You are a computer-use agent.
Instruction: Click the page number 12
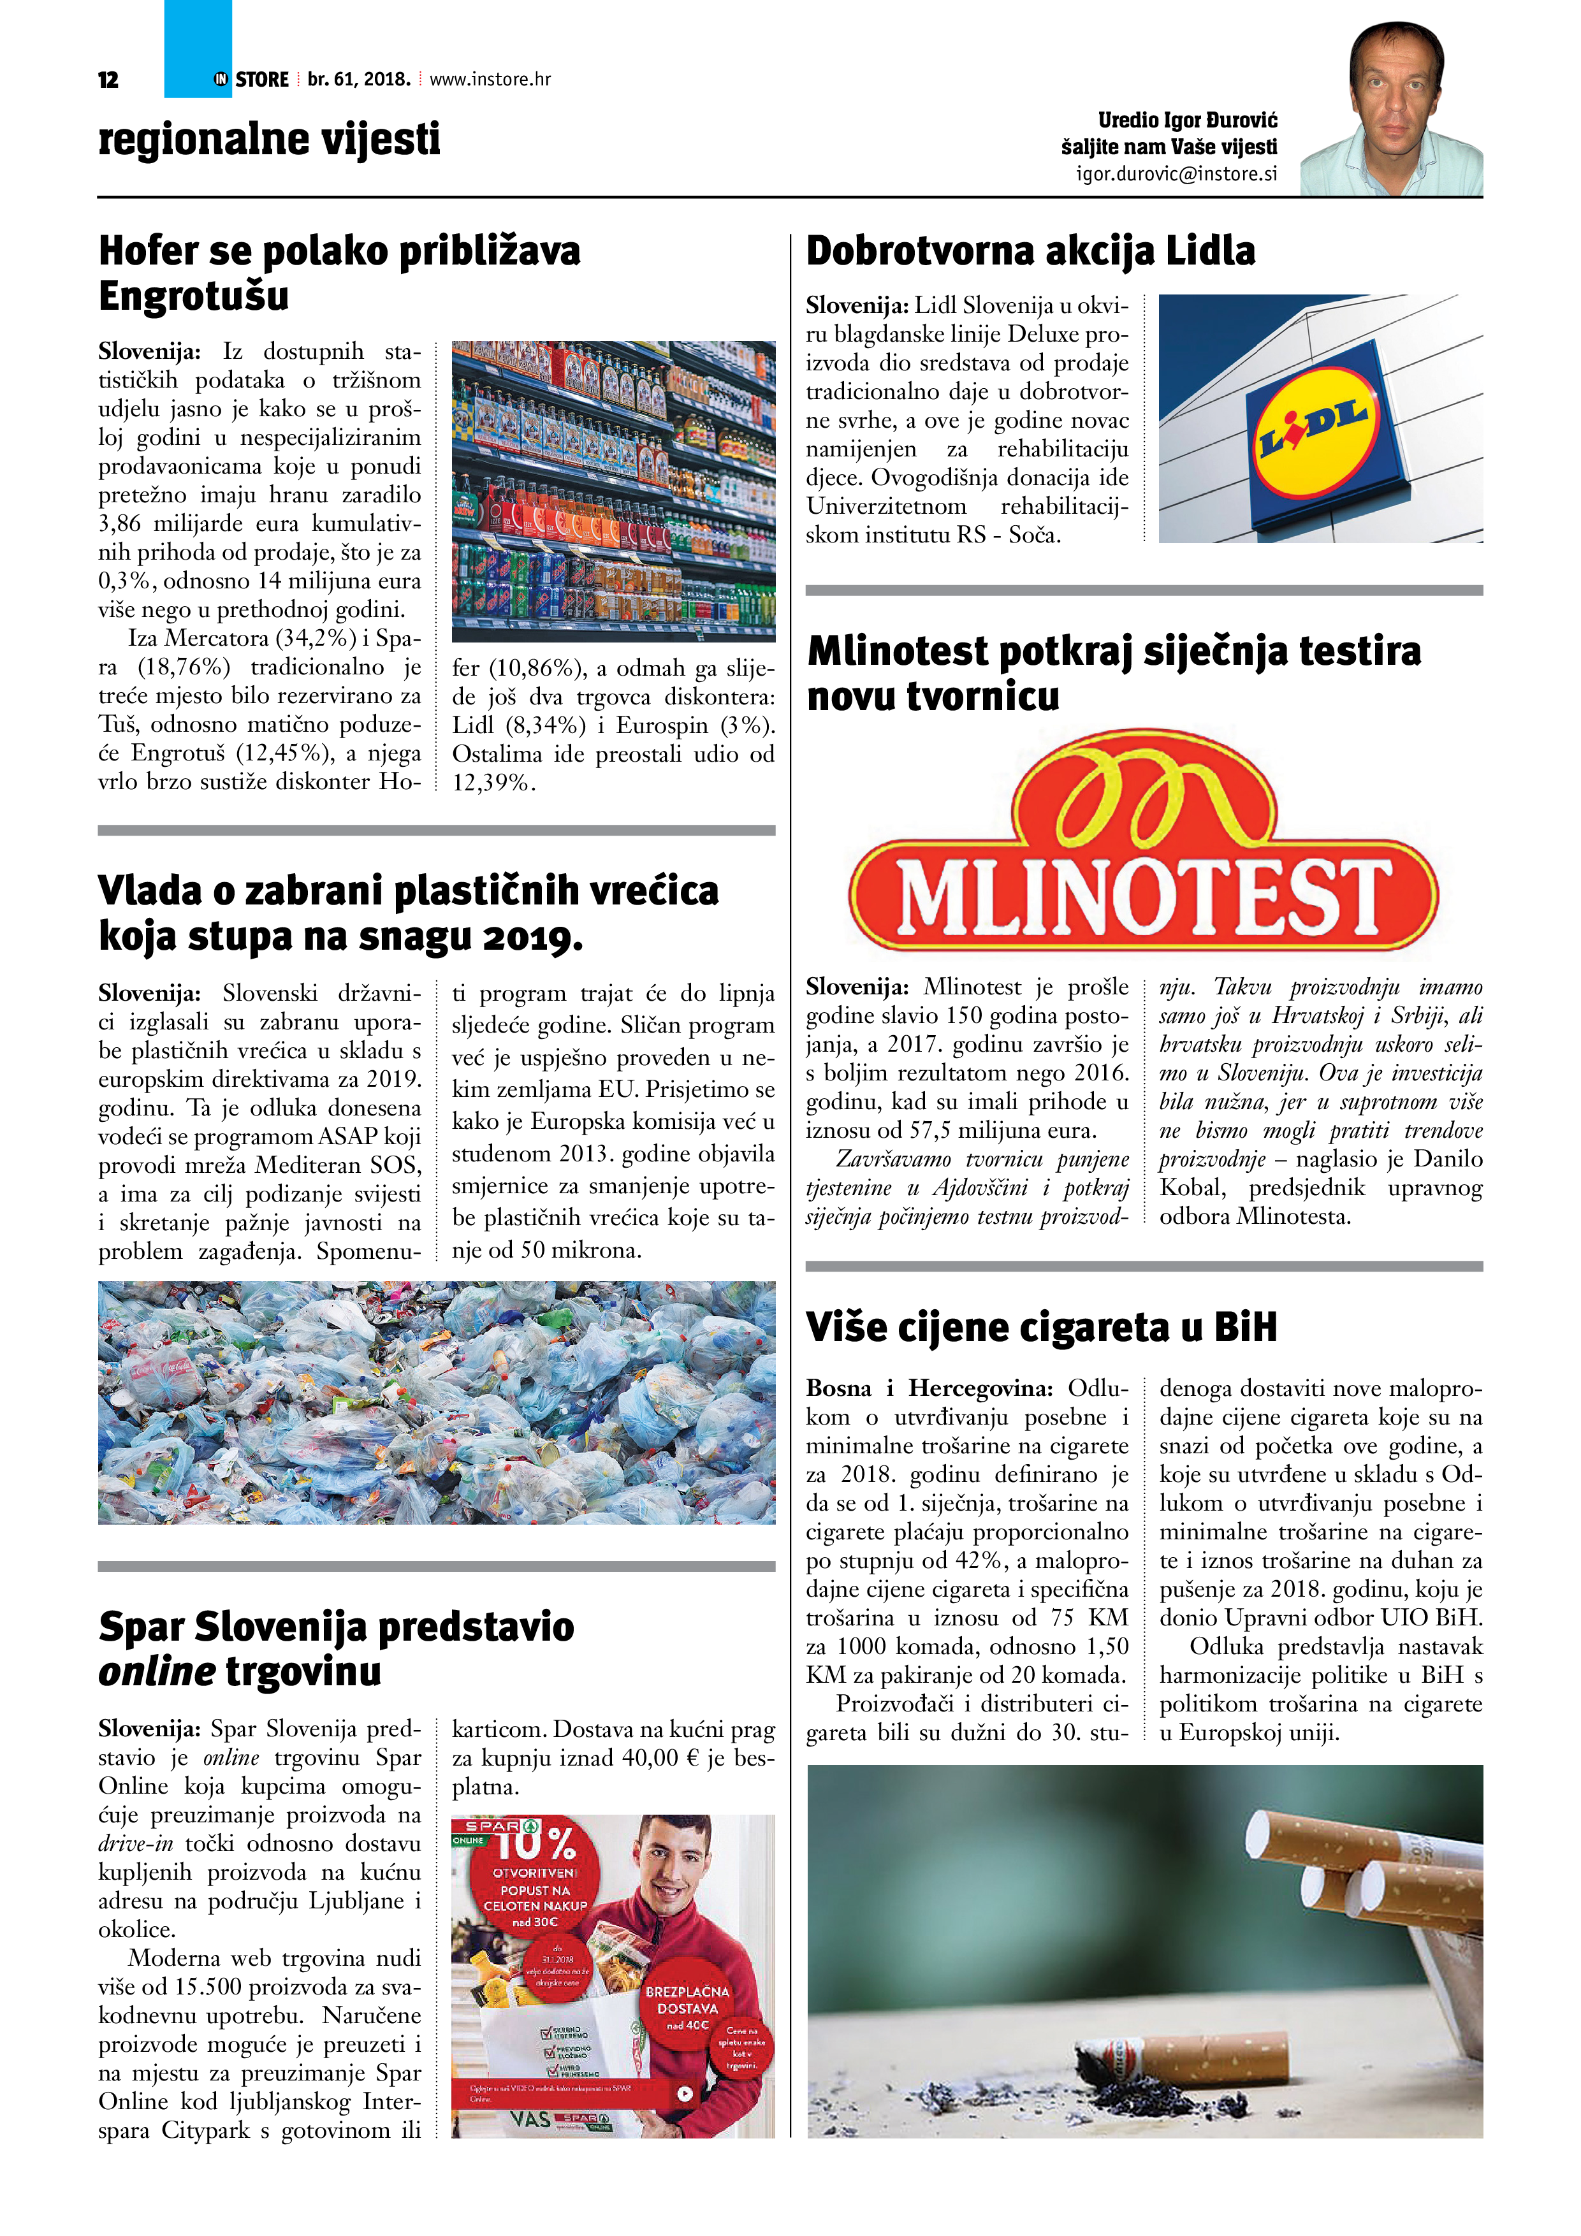108,80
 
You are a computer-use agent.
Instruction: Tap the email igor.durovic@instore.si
1176,174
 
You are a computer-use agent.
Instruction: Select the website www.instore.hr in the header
490,79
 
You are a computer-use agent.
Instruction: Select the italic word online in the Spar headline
156,1671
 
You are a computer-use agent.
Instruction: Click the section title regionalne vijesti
269,139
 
